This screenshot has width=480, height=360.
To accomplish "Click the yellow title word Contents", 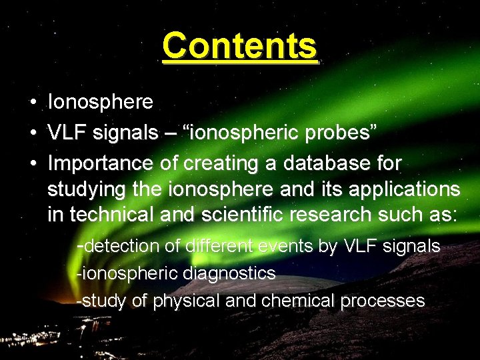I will [x=239, y=46].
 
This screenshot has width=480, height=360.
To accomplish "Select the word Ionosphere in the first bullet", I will [x=100, y=102].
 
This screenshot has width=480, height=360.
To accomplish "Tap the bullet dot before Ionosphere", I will [x=33, y=103].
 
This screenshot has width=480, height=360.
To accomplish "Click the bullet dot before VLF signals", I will [x=33, y=133].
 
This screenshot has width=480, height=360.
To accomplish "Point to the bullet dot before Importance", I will [x=33, y=163].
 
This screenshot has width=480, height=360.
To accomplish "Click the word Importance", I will [x=101, y=163].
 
